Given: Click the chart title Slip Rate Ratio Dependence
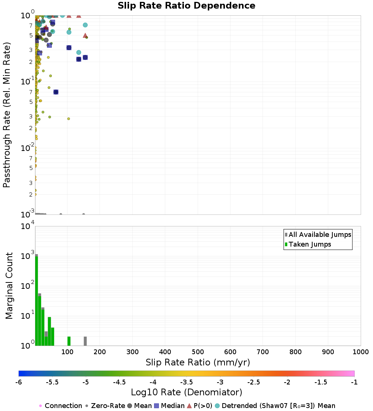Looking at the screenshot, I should [x=186, y=6].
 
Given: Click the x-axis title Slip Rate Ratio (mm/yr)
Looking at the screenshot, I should [x=198, y=362].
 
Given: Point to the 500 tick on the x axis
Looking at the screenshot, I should [x=198, y=352].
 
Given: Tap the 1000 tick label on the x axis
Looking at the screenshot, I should [x=360, y=352].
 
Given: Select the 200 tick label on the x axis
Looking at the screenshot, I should [x=100, y=352].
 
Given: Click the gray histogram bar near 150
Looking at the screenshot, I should [x=85, y=341].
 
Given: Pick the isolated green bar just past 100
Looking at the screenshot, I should [x=69, y=341].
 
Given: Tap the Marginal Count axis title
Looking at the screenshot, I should [x=9, y=286].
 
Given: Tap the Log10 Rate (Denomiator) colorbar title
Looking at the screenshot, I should [x=186, y=392].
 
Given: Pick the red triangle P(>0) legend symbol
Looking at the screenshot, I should [x=189, y=406].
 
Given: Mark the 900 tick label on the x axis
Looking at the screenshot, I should [x=328, y=352].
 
